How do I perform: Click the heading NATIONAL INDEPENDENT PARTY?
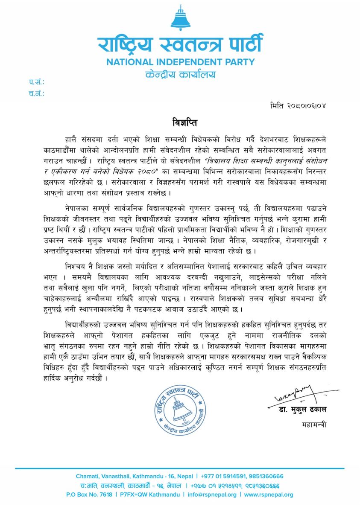pyautogui.click(x=180, y=61)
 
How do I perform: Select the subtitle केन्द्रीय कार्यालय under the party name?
pyautogui.click(x=180, y=75)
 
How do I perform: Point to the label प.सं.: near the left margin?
pyautogui.click(x=37, y=82)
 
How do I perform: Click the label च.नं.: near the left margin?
pyautogui.click(x=37, y=93)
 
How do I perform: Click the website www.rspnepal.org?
pyautogui.click(x=269, y=495)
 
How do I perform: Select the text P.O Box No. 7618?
pyautogui.click(x=89, y=495)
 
